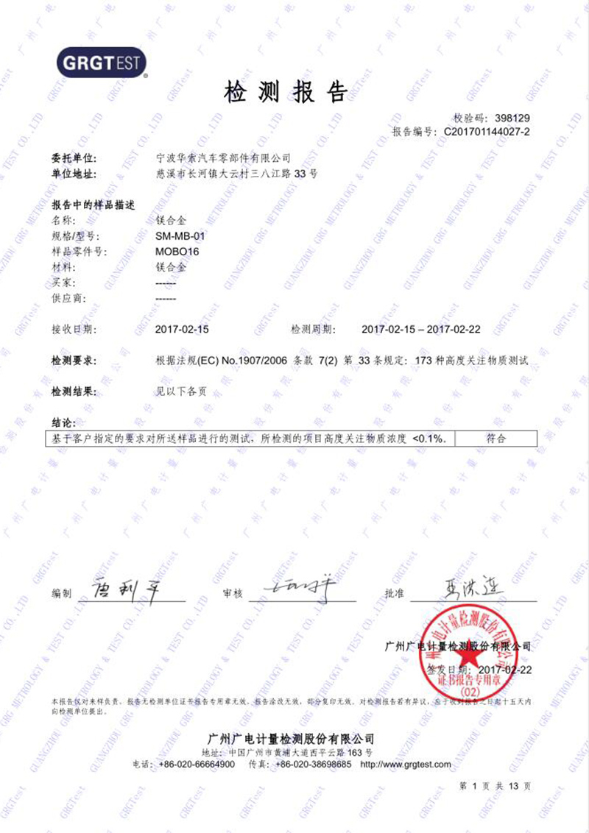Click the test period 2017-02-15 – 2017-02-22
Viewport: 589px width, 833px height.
point(421,329)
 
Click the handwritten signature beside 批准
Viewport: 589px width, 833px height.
point(471,588)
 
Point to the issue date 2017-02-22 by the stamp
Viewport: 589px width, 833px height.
point(504,670)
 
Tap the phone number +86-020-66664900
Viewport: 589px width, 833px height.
point(197,765)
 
